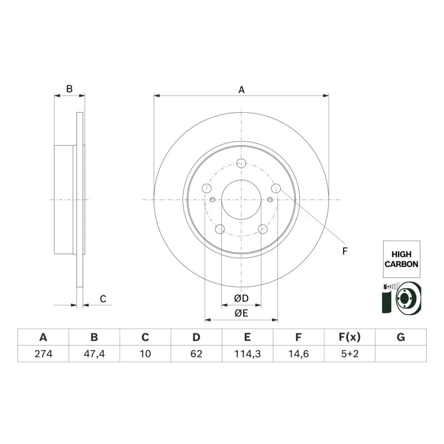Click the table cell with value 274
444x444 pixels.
click(43, 354)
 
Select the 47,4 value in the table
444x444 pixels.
click(94, 354)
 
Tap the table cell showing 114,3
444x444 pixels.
click(248, 354)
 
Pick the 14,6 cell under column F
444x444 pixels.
click(299, 354)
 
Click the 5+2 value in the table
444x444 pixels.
click(350, 354)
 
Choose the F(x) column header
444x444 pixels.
click(350, 337)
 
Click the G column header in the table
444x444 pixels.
click(401, 337)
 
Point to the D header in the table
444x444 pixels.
click(196, 337)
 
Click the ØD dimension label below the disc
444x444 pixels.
click(241, 298)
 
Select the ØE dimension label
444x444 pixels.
click(241, 313)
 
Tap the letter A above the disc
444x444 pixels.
click(241, 90)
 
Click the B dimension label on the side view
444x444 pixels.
click(69, 89)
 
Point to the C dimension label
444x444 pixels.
click(103, 299)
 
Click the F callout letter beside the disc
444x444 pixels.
click(345, 251)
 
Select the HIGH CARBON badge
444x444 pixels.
click(401, 259)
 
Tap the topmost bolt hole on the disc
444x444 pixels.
click(241, 163)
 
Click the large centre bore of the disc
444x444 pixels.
click(241, 200)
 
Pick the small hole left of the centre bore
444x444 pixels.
click(213, 200)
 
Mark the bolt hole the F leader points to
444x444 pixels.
click(276, 188)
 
